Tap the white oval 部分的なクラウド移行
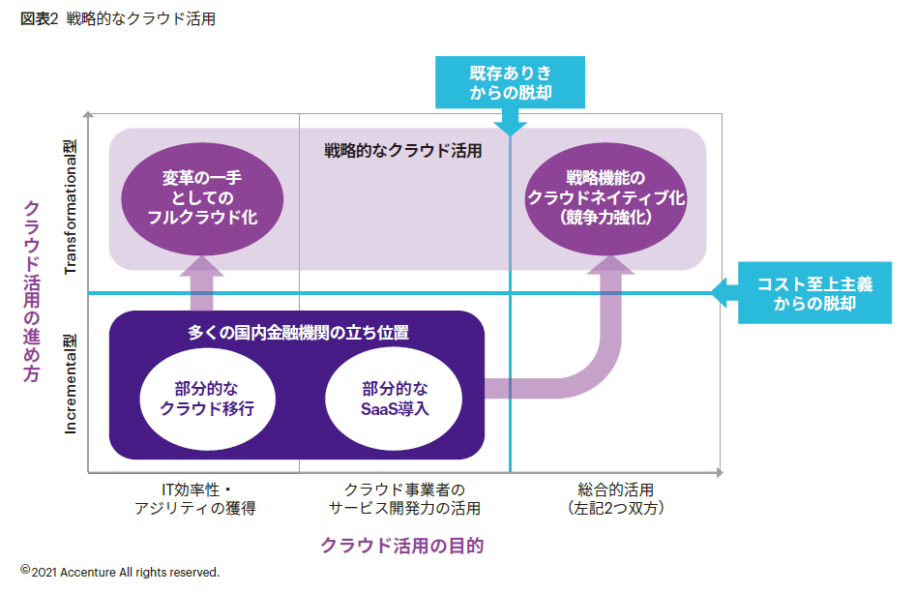(x=208, y=399)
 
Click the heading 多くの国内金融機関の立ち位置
(x=297, y=333)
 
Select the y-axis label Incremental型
(x=70, y=384)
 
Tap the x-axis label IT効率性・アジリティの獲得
(x=194, y=498)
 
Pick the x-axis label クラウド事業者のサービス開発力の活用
(x=403, y=498)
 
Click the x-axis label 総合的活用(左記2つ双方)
(x=616, y=498)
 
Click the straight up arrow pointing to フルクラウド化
(x=202, y=281)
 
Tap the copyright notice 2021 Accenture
(x=122, y=572)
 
